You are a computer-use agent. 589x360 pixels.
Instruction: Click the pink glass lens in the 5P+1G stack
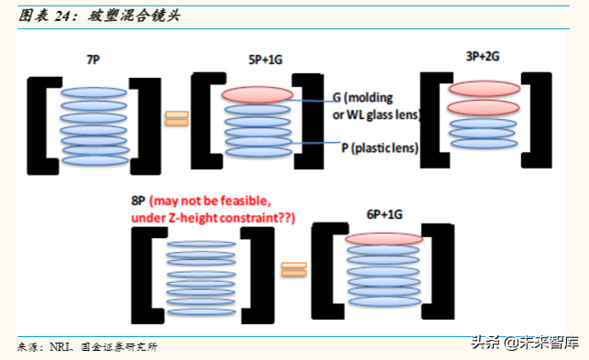tap(256, 94)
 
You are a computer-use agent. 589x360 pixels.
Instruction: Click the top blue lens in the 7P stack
tap(93, 93)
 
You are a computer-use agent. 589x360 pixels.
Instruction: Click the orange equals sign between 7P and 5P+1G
tap(176, 118)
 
